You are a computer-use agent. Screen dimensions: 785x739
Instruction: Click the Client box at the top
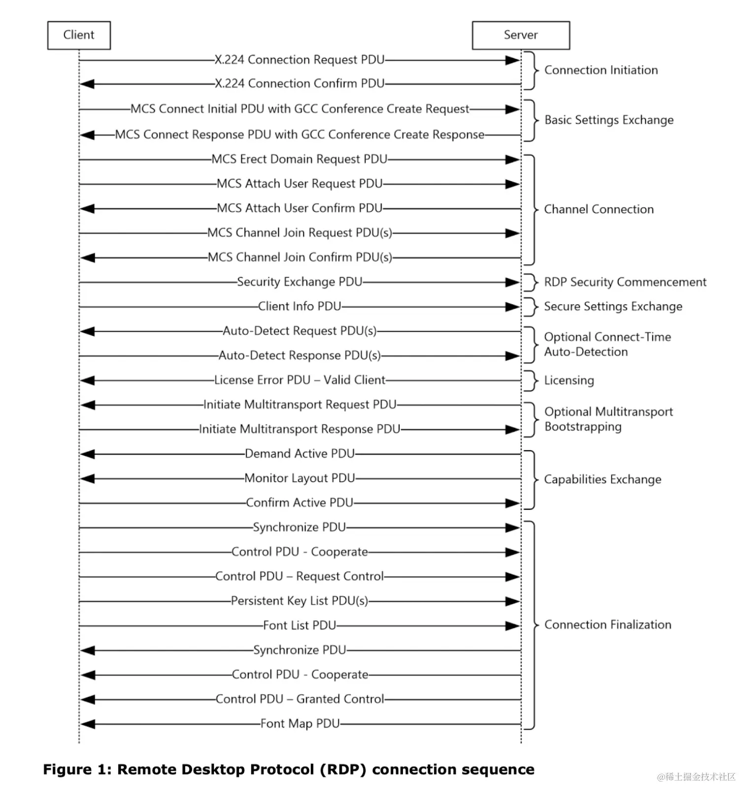(79, 35)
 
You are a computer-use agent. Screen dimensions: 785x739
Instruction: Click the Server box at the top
(520, 35)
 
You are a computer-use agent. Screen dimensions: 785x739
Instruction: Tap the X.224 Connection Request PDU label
(300, 60)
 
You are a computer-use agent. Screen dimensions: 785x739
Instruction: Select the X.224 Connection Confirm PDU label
(300, 84)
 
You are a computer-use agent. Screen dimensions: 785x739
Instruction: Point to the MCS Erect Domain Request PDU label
(300, 159)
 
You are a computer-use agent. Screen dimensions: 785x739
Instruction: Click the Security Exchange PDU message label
(300, 282)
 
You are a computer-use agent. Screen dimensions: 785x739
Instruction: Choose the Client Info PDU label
(300, 306)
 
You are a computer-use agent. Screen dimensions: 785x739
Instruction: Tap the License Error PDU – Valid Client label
(300, 380)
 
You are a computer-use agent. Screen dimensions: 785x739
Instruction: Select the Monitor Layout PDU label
(300, 478)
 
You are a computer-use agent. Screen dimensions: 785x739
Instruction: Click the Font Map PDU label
(300, 723)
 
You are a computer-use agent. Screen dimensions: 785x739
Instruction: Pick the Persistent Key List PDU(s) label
(300, 601)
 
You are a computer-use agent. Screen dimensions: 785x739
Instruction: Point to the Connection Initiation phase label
(601, 70)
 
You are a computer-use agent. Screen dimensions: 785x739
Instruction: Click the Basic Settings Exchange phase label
(608, 120)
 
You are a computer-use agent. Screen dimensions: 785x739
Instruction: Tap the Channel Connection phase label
(599, 209)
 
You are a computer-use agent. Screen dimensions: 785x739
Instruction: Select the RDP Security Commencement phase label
(625, 282)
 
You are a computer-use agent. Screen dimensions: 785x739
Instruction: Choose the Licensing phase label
(569, 380)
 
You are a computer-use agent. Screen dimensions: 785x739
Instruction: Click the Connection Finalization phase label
(607, 624)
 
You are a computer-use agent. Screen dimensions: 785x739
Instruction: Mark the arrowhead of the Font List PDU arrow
(512, 626)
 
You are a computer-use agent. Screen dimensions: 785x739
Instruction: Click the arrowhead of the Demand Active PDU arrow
(88, 454)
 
